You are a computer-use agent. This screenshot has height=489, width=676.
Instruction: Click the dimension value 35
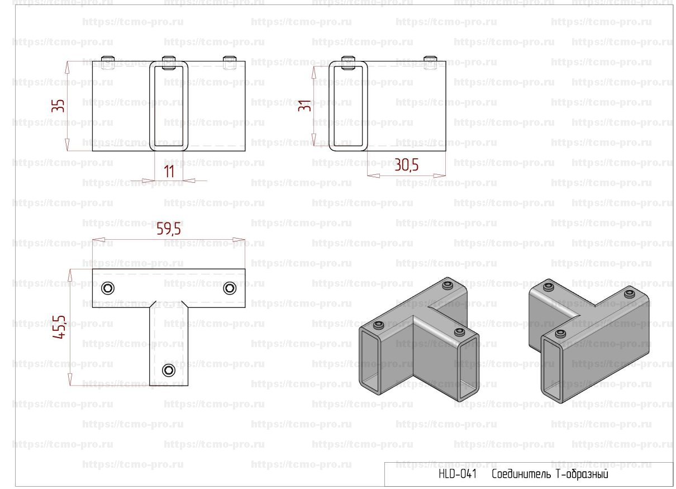tap(58, 106)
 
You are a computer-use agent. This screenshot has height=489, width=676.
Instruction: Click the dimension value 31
tap(304, 106)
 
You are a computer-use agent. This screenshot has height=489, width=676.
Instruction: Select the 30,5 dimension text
tap(407, 165)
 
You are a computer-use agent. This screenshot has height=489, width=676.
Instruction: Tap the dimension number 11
tap(169, 172)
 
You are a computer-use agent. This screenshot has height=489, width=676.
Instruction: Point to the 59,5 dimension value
tap(169, 229)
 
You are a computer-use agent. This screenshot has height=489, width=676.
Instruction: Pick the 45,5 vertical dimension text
tap(59, 327)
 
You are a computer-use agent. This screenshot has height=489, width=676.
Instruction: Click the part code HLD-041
tap(458, 473)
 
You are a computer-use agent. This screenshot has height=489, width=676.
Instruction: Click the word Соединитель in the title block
tap(521, 473)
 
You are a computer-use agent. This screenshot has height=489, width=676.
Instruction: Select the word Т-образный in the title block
tap(582, 474)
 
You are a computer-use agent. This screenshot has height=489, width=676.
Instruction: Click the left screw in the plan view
tap(108, 288)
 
